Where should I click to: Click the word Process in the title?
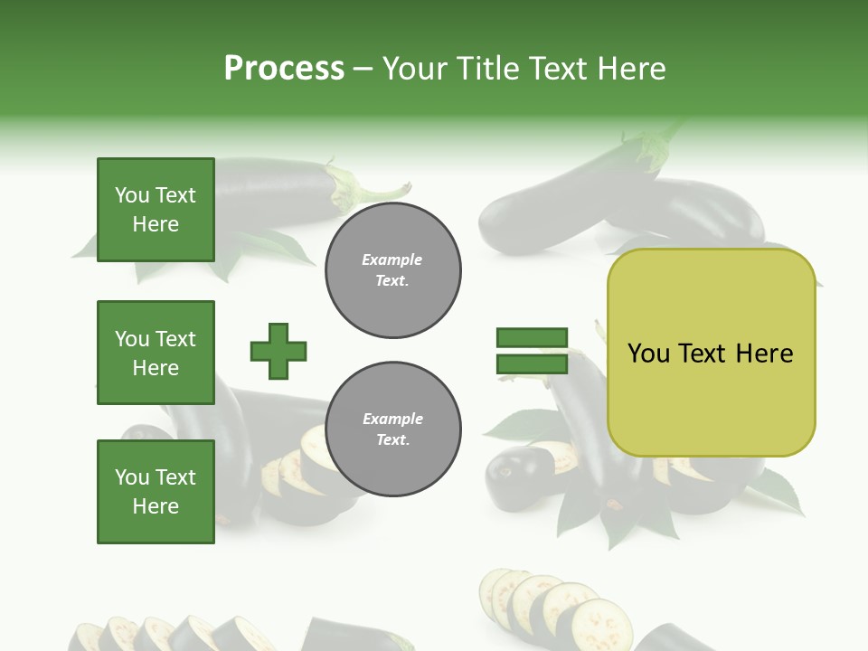(284, 69)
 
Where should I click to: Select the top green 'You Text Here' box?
(156, 210)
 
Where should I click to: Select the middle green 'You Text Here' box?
(156, 353)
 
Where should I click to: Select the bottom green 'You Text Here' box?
(156, 491)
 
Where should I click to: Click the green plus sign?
(278, 351)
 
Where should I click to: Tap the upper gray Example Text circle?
(392, 270)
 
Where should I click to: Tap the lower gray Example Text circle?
(392, 429)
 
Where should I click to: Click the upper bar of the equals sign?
(532, 338)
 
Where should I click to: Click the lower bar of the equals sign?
(532, 364)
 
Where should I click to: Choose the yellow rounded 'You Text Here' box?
(711, 353)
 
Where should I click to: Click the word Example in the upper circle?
(392, 260)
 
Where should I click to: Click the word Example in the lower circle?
(392, 420)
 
